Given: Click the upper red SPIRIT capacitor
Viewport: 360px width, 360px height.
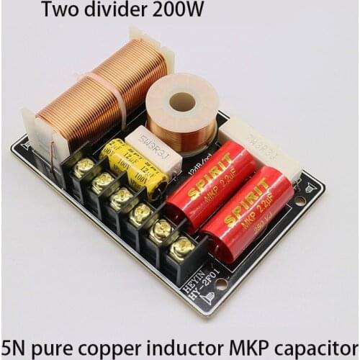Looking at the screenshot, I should point(213,184).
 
